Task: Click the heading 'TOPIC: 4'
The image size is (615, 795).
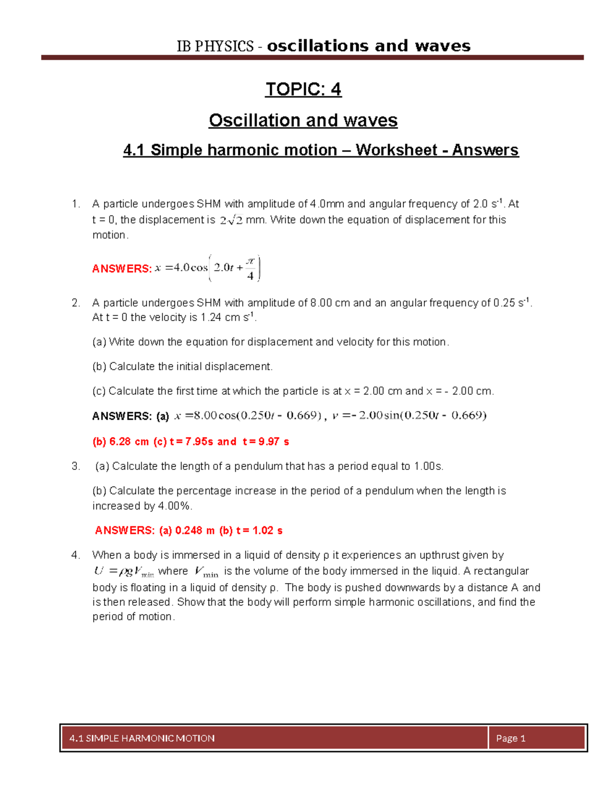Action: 303,89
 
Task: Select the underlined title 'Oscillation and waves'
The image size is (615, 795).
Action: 303,120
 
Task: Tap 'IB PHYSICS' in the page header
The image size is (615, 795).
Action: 215,46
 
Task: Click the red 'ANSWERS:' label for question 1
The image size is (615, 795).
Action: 122,269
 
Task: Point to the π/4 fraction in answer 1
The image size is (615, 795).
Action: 250,268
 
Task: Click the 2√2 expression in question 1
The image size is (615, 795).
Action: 231,221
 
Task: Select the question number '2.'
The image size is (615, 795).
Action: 76,303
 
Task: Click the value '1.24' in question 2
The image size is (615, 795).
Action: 211,317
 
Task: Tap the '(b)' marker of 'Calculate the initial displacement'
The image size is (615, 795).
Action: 99,367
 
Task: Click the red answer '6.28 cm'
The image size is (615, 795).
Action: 129,442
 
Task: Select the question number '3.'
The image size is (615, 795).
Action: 76,466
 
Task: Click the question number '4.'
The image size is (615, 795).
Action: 76,555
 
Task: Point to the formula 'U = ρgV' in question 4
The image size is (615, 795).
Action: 123,572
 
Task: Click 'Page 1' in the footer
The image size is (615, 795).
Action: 510,738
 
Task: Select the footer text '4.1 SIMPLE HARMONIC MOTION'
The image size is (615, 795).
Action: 142,738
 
